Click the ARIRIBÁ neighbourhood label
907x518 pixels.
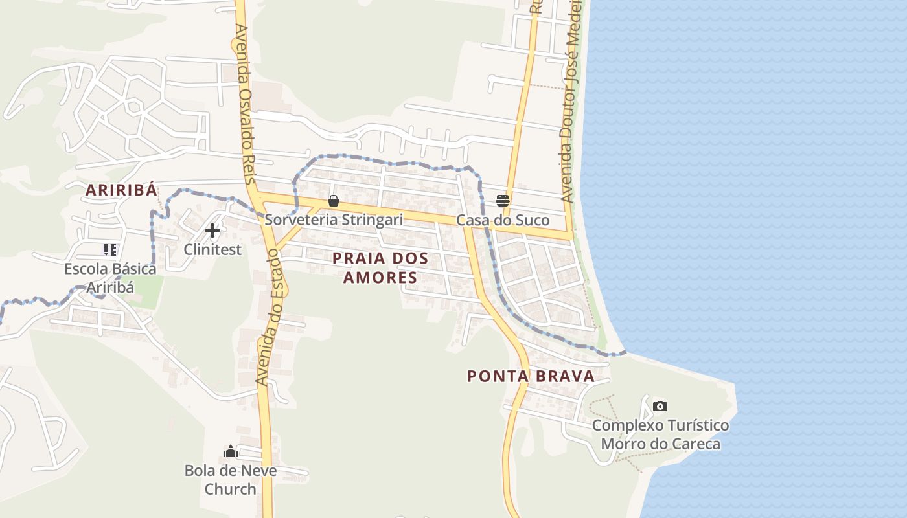(122, 190)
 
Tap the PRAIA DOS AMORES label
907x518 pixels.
(380, 267)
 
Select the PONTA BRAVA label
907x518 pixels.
(531, 376)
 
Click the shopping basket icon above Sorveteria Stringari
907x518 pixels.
(334, 201)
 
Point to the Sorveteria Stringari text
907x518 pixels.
(334, 220)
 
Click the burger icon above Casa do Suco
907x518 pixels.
(503, 200)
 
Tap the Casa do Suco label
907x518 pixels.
(503, 220)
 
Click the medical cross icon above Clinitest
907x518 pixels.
(212, 230)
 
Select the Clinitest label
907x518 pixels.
(212, 249)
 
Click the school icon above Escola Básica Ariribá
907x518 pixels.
(109, 249)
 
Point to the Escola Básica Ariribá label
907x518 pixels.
(110, 278)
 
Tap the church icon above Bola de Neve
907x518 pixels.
(231, 451)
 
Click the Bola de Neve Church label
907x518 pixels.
(231, 479)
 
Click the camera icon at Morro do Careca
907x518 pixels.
(660, 406)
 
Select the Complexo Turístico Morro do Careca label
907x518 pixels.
(660, 434)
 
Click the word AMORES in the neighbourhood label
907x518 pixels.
(380, 278)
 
